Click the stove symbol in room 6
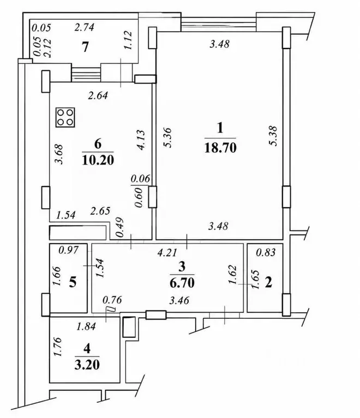click(x=65, y=117)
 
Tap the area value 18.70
click(x=220, y=148)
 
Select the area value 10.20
click(x=98, y=160)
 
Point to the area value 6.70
click(x=182, y=283)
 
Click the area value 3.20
click(x=87, y=365)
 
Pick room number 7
click(x=85, y=47)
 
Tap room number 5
click(x=73, y=282)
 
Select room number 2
click(x=268, y=283)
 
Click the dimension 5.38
click(x=273, y=136)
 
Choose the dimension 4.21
click(x=167, y=253)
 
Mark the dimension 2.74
click(x=85, y=27)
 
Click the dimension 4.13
click(x=141, y=140)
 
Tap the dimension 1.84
click(x=86, y=326)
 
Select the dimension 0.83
click(x=266, y=252)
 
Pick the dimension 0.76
click(x=112, y=300)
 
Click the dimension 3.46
click(x=179, y=301)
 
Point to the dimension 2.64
click(x=98, y=95)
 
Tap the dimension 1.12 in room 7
click(x=128, y=40)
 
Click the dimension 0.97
click(x=69, y=250)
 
